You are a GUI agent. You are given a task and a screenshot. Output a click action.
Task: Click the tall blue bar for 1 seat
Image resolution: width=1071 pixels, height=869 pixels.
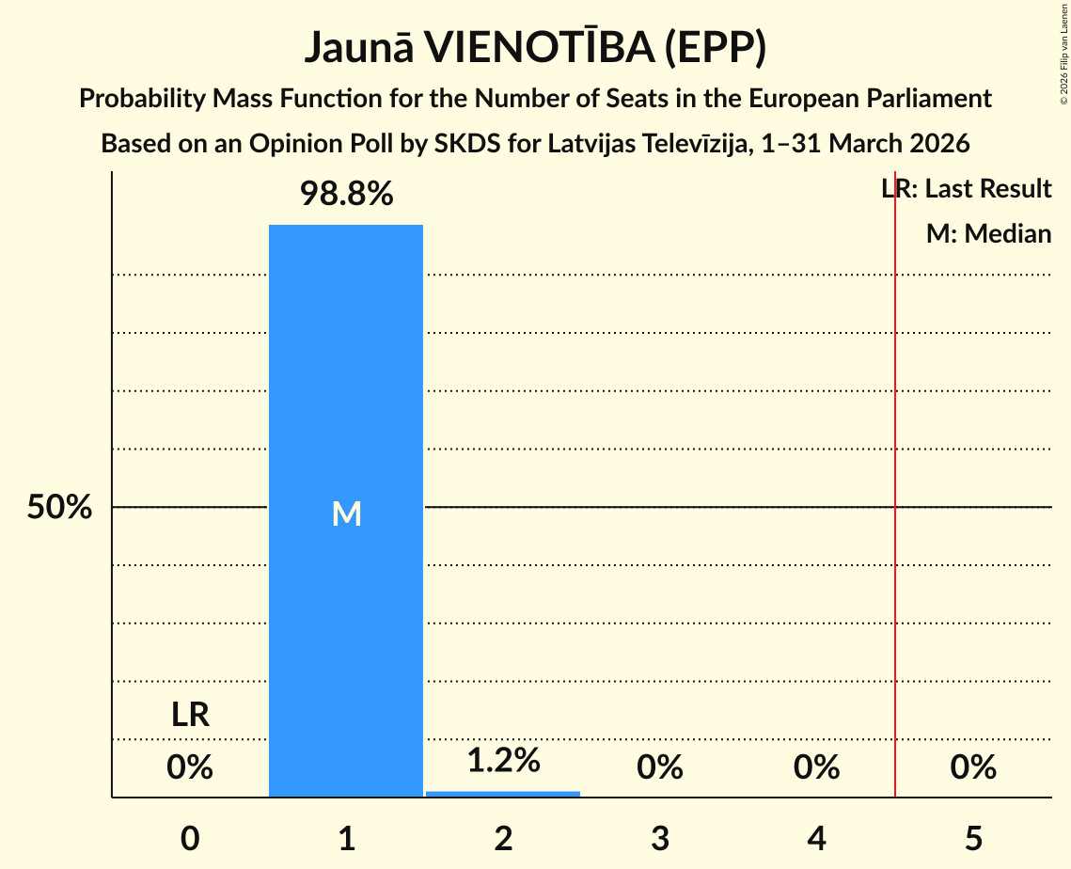346,376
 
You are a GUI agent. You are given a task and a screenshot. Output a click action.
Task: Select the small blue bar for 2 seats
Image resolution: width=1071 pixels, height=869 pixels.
503,794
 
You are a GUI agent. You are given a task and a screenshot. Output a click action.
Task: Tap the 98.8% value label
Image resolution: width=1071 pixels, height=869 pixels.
346,195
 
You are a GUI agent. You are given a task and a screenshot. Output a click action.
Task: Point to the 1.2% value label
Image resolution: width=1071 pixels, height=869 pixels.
503,760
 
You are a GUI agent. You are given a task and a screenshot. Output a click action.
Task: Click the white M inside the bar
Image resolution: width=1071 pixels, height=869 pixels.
346,513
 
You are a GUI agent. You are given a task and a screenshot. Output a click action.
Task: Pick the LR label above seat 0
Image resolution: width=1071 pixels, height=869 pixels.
190,716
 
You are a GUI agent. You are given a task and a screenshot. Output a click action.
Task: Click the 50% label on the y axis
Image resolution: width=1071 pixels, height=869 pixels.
59,508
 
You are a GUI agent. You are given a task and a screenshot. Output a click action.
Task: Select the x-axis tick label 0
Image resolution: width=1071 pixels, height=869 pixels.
190,838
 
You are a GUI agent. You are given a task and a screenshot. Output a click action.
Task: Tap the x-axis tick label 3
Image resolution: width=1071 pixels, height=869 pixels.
660,838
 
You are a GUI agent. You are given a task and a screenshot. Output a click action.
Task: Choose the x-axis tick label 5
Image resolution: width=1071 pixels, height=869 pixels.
973,838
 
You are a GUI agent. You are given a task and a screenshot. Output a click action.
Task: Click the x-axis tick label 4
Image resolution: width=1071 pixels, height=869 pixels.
816,838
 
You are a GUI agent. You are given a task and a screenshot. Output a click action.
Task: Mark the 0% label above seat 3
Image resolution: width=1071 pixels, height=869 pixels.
660,768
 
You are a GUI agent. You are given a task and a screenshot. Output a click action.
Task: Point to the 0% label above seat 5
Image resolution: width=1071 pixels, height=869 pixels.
973,768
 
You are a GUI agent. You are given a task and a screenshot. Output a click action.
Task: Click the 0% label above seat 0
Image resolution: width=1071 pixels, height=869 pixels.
190,768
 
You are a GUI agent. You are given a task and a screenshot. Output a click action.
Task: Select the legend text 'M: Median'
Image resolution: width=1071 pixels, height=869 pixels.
988,233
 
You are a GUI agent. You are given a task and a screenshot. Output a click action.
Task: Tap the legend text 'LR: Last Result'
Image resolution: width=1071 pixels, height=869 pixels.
967,189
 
